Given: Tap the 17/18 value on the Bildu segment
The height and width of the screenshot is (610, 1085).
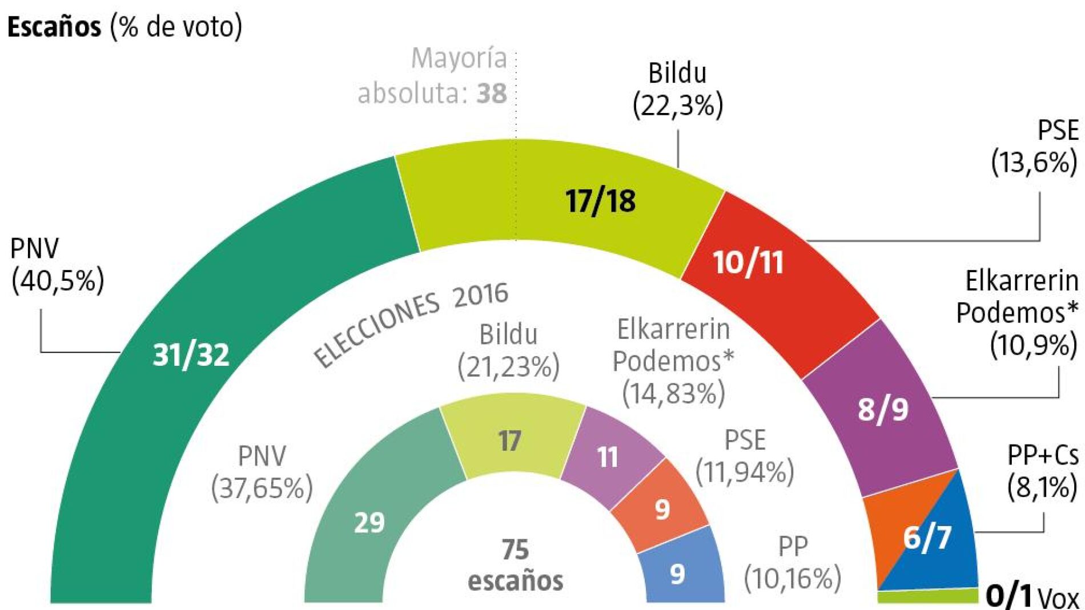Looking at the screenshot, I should pos(600,201).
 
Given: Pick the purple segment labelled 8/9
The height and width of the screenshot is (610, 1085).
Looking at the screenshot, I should pos(883,409).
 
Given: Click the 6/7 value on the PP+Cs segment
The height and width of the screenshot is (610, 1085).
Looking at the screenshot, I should pos(927,537).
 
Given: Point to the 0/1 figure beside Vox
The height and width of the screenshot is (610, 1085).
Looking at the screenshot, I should pos(1009,596).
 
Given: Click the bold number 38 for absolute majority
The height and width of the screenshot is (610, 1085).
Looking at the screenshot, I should pos(492,94).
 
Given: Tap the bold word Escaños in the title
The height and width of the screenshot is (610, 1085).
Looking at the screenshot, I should pos(54,27).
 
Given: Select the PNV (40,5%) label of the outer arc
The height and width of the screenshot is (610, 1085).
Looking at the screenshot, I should pos(57,264).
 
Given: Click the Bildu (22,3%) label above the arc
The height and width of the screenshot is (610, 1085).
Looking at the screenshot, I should pos(678,89).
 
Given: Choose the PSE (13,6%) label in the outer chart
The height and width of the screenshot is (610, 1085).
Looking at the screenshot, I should pos(1035,147).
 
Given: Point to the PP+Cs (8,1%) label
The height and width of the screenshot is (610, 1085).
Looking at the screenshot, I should pos(1042,471).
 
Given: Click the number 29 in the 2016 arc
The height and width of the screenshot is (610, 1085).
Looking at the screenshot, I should pos(369,523).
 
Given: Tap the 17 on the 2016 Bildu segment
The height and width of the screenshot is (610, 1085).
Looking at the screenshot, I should pos(509,441).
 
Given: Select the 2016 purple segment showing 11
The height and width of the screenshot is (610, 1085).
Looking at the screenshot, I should pos(608,457).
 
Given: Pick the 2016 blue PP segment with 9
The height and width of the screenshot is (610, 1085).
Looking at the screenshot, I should pos(678,574).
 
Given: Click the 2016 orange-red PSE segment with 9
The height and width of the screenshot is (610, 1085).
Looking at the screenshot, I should pos(662,509).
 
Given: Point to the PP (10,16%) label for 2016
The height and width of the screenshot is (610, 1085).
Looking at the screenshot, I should pos(793,563).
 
